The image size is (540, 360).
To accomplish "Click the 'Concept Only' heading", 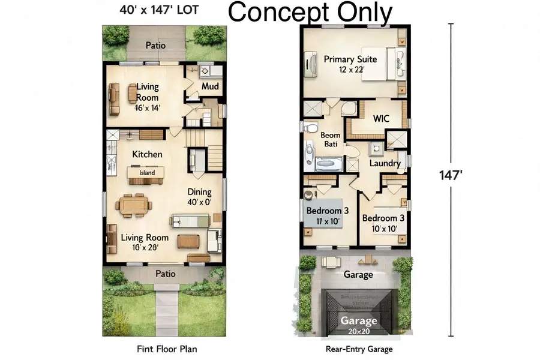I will (x=311, y=12).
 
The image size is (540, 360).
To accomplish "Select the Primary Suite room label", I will (x=350, y=59).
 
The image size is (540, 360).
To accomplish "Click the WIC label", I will (x=382, y=119).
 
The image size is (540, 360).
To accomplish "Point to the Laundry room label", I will (x=385, y=163).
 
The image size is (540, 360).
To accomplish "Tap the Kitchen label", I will (x=147, y=154).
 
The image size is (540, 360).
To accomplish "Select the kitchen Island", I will (x=147, y=173).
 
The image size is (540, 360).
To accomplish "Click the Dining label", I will (x=199, y=193).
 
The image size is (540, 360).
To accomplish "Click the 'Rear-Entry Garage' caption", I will (x=359, y=349).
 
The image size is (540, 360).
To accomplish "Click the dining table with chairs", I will (x=135, y=204).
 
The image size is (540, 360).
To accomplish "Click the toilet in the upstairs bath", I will (x=310, y=128).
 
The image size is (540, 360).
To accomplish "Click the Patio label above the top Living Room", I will (x=155, y=45).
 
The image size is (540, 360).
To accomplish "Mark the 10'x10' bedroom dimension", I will (x=383, y=229).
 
